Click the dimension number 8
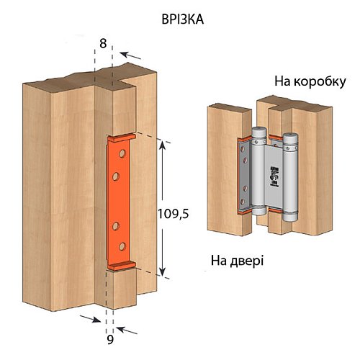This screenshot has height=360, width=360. (x=103, y=44)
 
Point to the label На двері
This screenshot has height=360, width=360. (x=238, y=259)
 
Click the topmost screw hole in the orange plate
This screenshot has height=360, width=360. (x=122, y=153)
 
